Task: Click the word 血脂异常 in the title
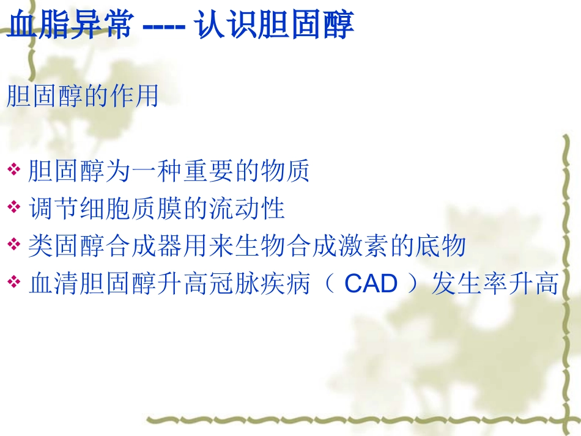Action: tap(67, 26)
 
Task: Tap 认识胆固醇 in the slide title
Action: tap(276, 26)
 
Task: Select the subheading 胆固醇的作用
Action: tap(83, 97)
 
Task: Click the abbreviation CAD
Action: tap(371, 284)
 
